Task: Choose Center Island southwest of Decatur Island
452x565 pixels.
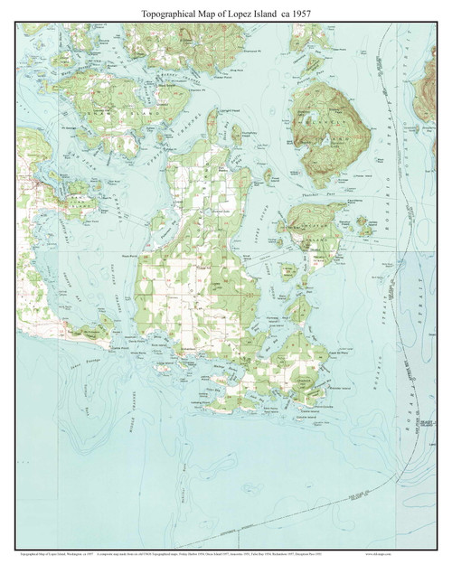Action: (x=287, y=268)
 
